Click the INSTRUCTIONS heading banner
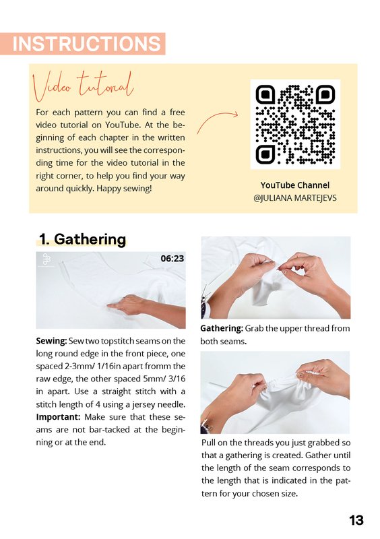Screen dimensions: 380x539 click(82, 44)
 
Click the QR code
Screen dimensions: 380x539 click(295, 125)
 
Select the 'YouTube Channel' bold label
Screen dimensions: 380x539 click(295, 185)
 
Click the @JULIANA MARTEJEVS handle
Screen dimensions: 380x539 click(295, 198)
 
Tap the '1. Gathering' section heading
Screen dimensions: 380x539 click(82, 239)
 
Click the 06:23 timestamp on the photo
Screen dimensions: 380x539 click(172, 259)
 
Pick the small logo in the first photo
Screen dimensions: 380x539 click(45, 259)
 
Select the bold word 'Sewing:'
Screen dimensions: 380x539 click(51, 341)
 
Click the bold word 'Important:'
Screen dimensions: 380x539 click(58, 417)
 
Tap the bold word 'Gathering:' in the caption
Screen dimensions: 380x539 click(222, 329)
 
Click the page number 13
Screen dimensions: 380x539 click(356, 520)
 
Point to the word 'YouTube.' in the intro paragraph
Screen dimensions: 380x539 click(123, 125)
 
